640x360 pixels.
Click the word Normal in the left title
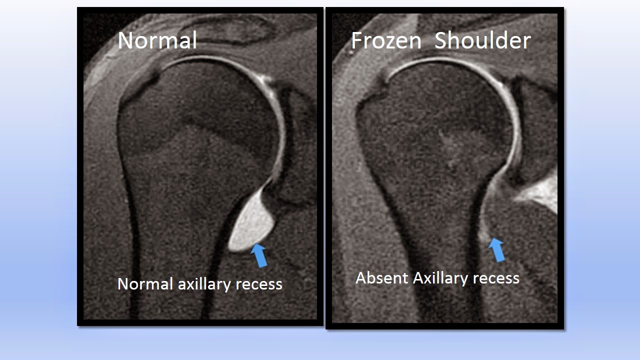(x=157, y=40)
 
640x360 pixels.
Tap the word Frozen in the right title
(x=386, y=40)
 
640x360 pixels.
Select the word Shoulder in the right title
(x=482, y=40)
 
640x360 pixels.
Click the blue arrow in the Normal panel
(x=259, y=254)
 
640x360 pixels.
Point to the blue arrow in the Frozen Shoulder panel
(x=497, y=249)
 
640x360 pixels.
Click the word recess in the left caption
(x=259, y=284)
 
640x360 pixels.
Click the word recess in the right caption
(x=496, y=278)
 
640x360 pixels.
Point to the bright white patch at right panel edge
(x=542, y=192)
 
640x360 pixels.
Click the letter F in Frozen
(x=356, y=40)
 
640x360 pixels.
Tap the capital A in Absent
(x=360, y=278)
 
